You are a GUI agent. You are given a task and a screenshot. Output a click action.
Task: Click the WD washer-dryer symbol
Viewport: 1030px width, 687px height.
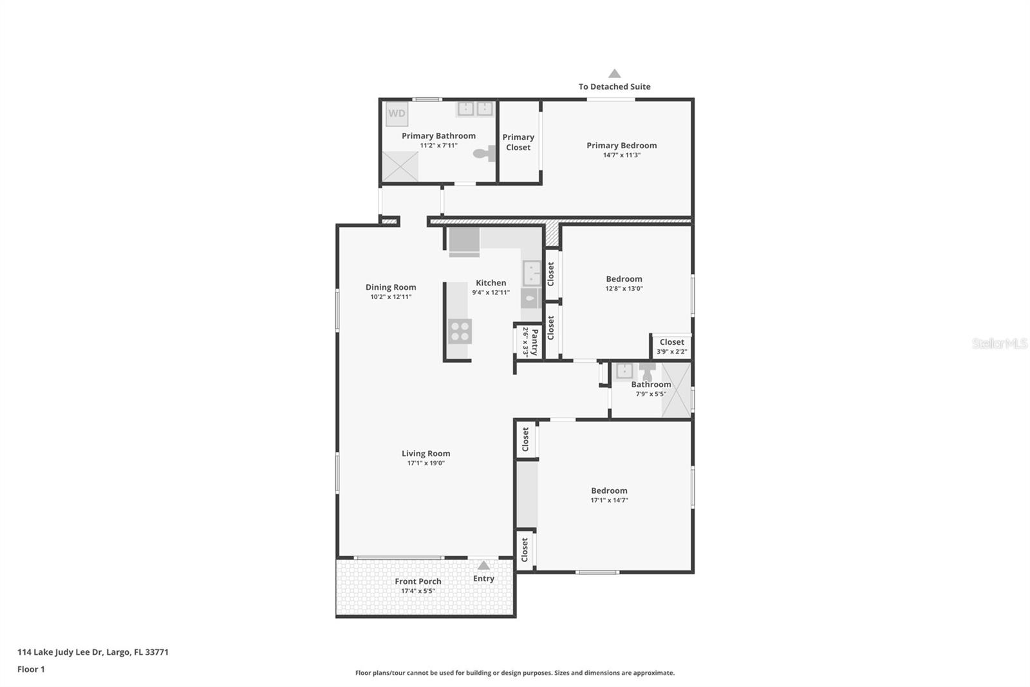(x=397, y=113)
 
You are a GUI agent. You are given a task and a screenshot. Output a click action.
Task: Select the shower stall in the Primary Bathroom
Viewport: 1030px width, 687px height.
(x=400, y=167)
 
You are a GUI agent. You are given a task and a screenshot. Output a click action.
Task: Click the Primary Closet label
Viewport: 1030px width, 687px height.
(x=518, y=142)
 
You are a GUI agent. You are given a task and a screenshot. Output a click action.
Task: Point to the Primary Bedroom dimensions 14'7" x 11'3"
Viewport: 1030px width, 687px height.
(x=622, y=155)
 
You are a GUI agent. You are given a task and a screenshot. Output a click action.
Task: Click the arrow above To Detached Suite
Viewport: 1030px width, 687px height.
(x=615, y=73)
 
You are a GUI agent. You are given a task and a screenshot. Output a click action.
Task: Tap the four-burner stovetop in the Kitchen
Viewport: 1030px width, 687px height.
(x=460, y=331)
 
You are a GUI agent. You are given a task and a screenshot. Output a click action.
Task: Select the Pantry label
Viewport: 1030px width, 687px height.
(x=534, y=342)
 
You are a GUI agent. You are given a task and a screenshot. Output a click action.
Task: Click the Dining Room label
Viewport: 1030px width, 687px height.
(x=391, y=287)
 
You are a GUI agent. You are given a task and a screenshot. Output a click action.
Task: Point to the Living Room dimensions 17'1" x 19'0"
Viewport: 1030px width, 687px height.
(x=426, y=463)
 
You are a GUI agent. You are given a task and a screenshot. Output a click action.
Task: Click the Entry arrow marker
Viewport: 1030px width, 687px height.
(x=483, y=565)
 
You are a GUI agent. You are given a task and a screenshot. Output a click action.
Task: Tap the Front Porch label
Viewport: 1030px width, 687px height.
(x=418, y=581)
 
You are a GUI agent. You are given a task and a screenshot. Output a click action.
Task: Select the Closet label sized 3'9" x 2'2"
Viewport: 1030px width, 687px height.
(x=672, y=342)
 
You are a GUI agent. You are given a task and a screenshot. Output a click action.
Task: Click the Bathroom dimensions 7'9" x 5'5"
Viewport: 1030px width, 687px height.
(x=651, y=394)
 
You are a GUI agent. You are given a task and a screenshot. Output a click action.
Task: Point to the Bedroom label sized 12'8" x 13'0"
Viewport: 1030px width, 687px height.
(x=624, y=279)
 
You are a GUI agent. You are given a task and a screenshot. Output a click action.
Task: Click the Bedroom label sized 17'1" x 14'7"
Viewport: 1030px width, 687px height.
(x=609, y=491)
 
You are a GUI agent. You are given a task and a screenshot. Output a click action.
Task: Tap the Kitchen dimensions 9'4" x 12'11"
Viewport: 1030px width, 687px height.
(x=491, y=293)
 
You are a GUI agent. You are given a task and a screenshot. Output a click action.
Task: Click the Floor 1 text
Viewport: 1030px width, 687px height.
(x=31, y=670)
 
